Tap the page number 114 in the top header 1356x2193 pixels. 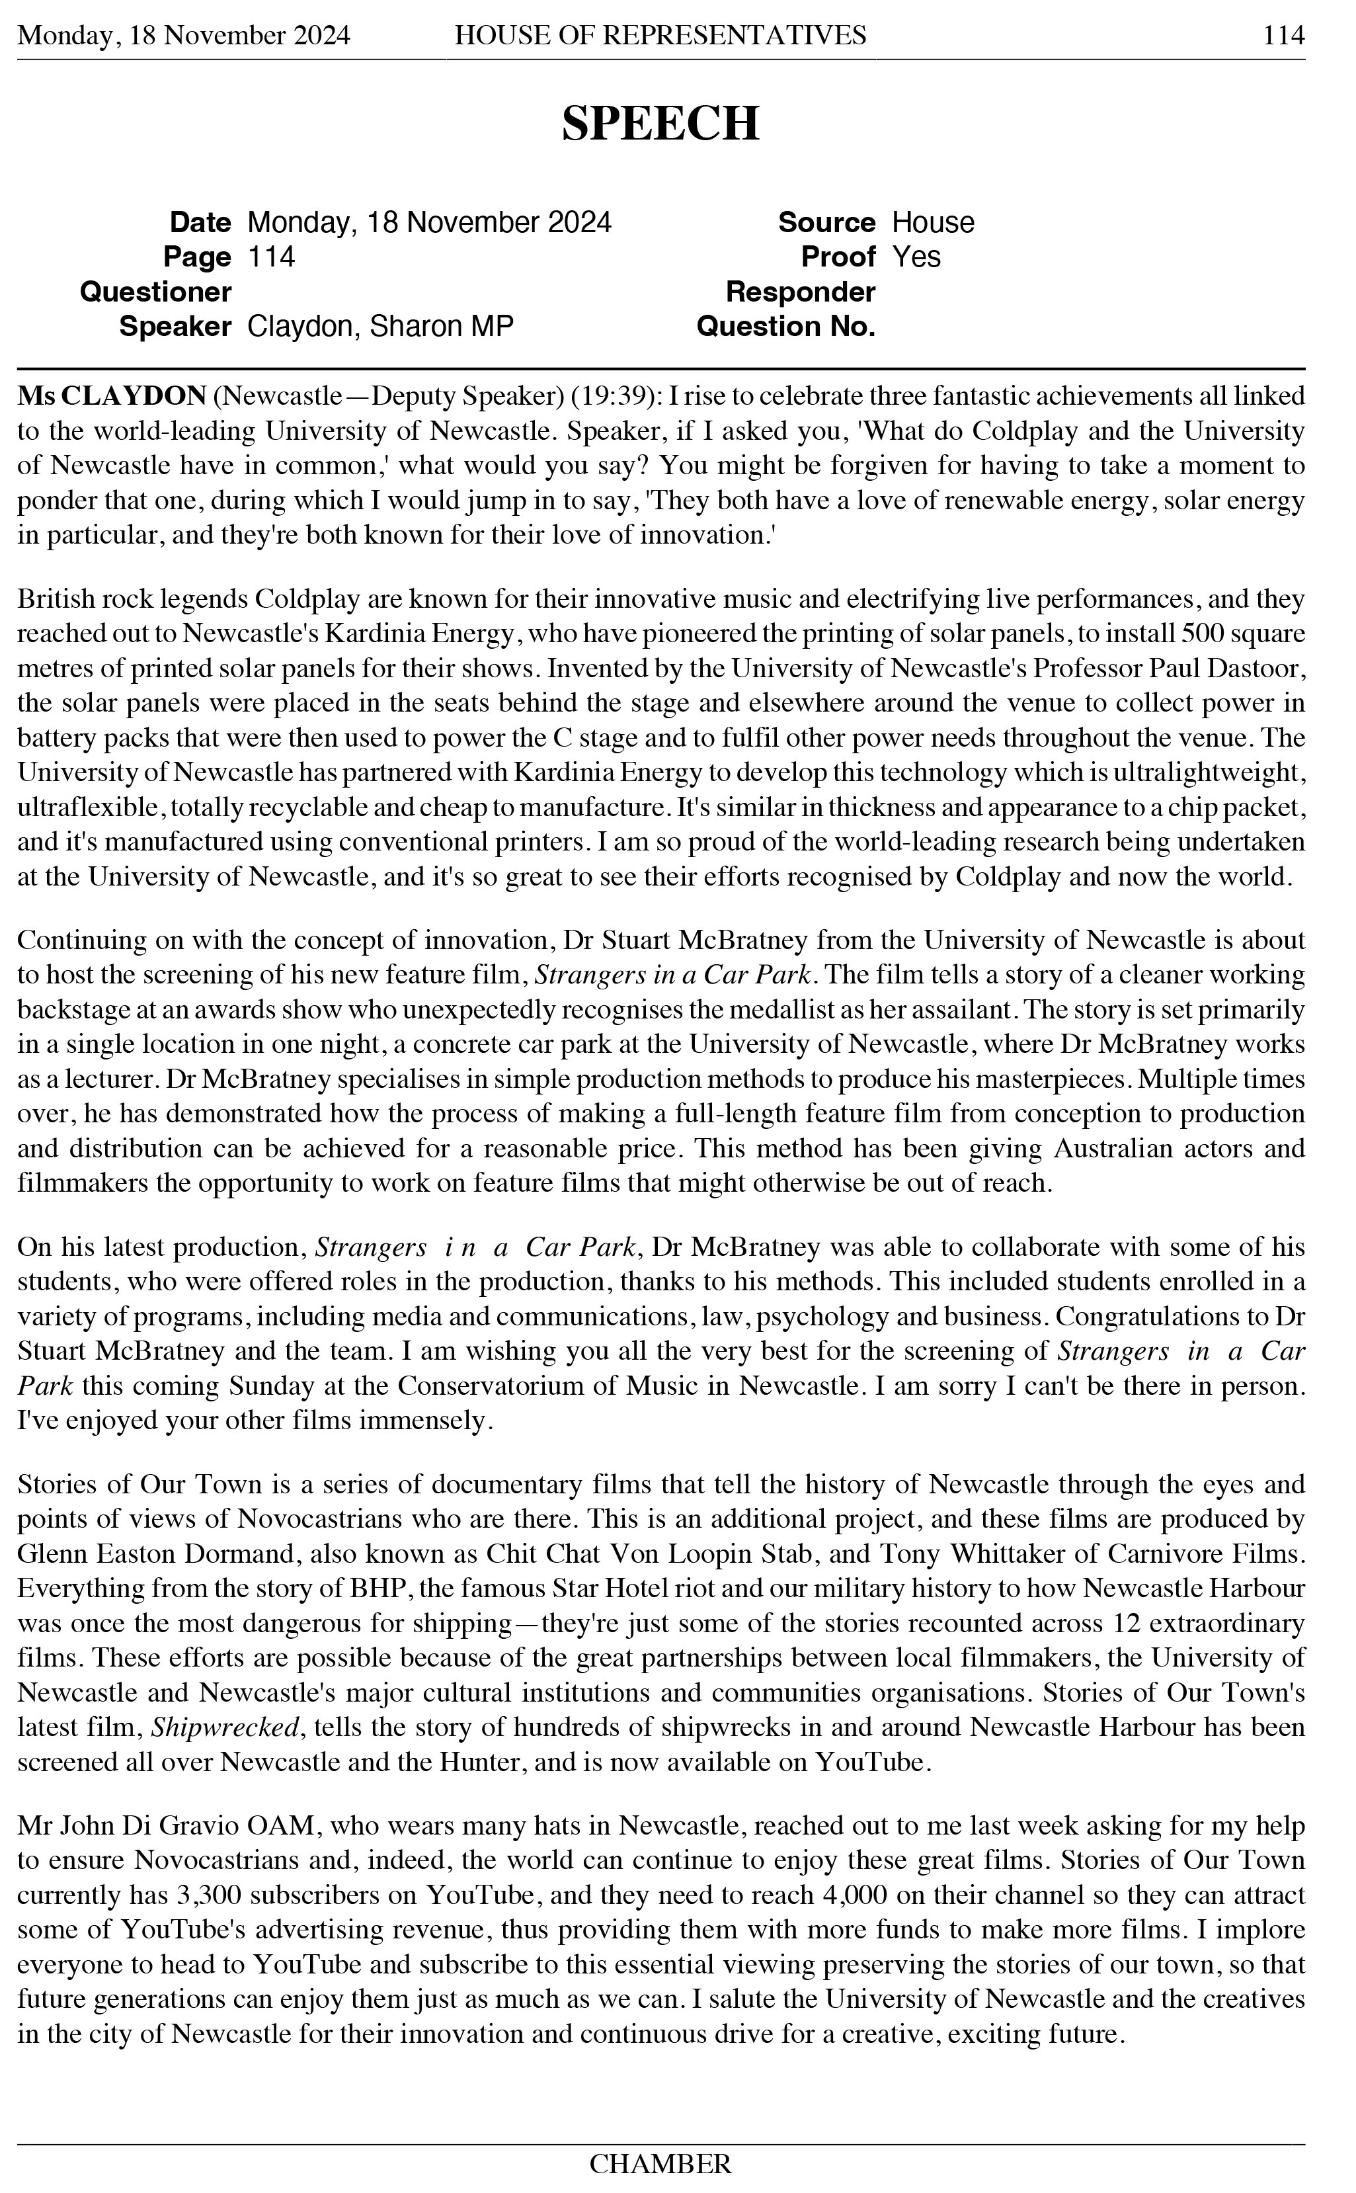1283,35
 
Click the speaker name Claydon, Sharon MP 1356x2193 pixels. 379,327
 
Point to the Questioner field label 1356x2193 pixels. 155,292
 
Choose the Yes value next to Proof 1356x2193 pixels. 916,257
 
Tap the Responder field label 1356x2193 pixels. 800,292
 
